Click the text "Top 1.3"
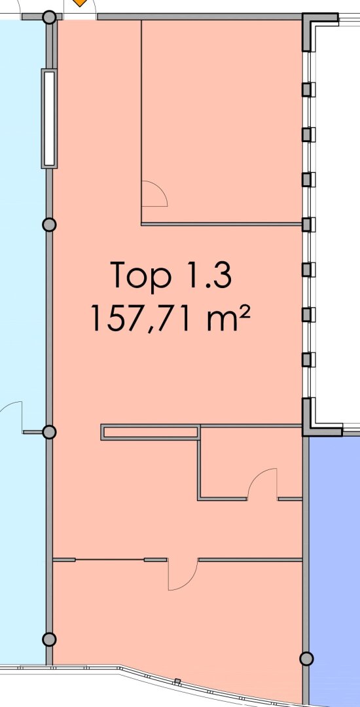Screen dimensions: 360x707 click(x=171, y=274)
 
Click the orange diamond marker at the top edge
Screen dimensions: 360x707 click(x=80, y=3)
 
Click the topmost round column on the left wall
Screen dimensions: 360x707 click(x=50, y=18)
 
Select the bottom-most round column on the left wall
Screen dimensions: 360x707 click(x=49, y=639)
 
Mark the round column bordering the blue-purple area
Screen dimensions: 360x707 click(x=306, y=659)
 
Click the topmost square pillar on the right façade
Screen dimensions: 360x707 click(x=307, y=89)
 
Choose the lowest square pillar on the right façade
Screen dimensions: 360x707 click(x=307, y=359)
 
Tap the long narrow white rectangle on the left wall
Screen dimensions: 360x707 click(x=49, y=118)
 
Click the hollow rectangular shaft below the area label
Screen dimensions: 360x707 click(x=151, y=432)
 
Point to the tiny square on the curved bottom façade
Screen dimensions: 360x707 click(x=177, y=681)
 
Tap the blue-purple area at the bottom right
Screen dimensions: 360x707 click(x=334, y=568)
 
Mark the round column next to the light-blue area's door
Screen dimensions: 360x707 click(x=49, y=432)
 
